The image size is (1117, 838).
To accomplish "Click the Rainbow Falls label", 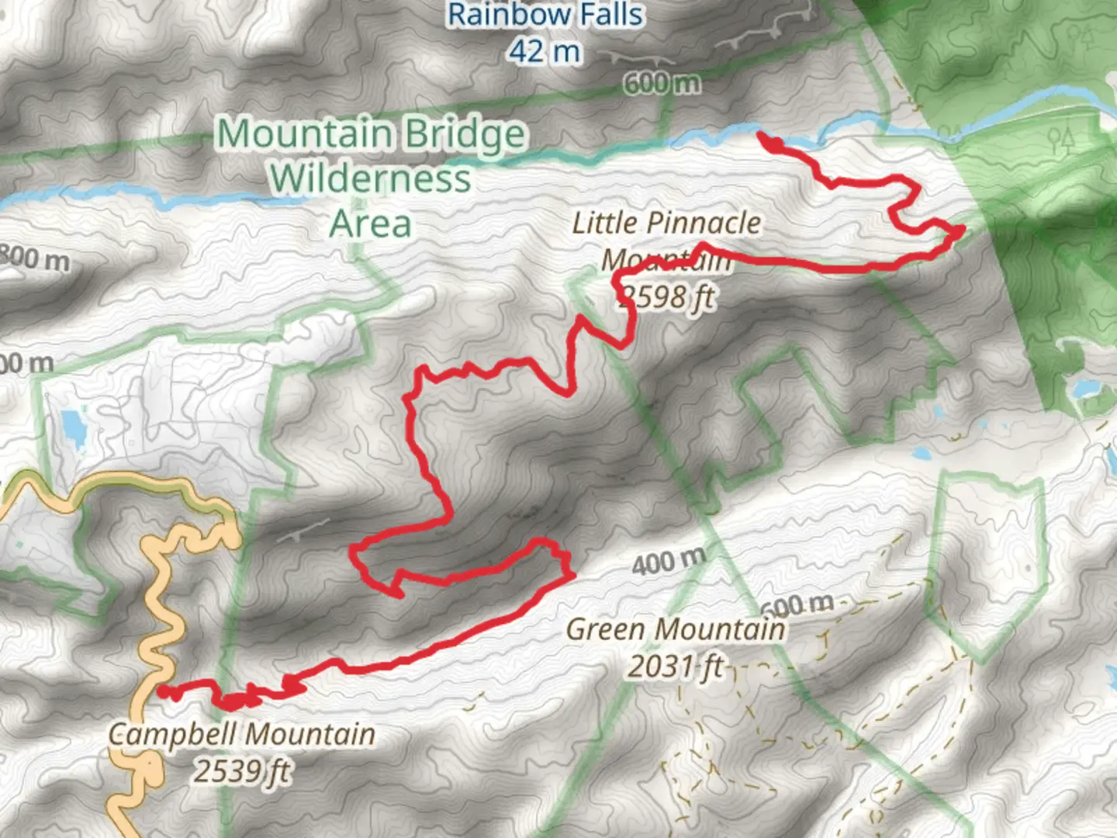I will point(545,15).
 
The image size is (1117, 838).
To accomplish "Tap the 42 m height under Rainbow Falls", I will point(545,51).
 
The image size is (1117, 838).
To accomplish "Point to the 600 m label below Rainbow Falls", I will point(661,82).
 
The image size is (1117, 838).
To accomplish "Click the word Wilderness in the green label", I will point(370,178).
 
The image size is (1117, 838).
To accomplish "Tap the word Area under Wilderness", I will point(370,224).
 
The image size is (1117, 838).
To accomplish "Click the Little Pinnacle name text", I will point(666,223).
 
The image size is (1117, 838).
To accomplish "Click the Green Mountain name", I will point(675,628).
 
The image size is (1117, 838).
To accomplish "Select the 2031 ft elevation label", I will point(675,666).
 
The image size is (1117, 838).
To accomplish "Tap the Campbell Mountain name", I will point(242,733).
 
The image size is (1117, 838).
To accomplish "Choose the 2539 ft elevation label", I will point(242,770).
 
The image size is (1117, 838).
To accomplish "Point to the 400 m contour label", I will point(668,560).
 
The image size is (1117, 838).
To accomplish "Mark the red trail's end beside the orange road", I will point(161,690).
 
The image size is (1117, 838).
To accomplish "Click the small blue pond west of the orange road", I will point(74,426).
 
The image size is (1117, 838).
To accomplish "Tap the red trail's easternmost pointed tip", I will point(963,229).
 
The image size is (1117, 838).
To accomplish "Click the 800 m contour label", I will point(35,258).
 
